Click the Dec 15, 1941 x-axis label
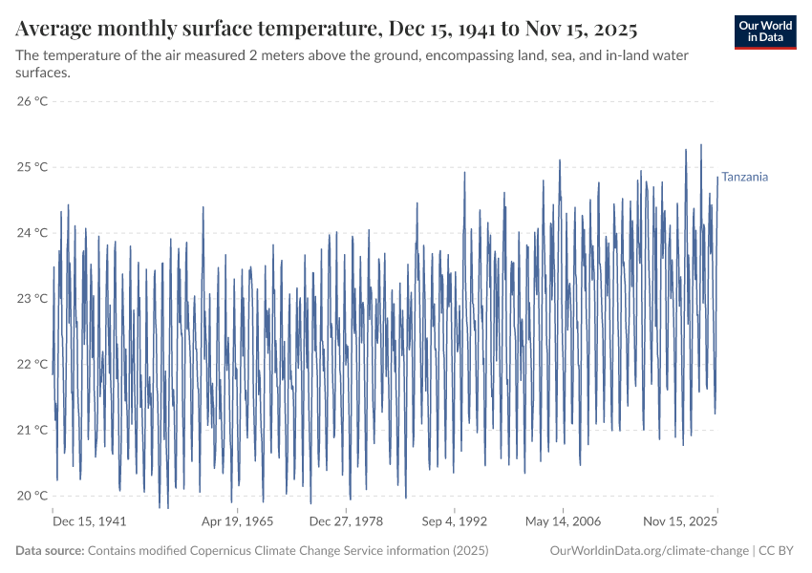89,522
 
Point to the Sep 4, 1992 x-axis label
454,522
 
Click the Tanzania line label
744,177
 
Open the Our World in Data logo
766,32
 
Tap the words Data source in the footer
50,551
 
